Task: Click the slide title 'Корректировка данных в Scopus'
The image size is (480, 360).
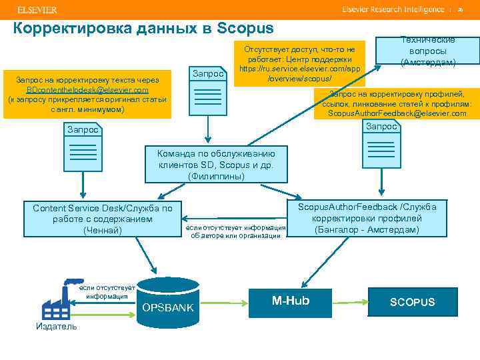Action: point(143,29)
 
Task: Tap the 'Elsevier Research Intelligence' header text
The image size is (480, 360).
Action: point(393,10)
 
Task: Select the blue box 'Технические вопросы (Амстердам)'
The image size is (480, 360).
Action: point(427,51)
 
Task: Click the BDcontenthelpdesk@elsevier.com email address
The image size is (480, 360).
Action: point(87,90)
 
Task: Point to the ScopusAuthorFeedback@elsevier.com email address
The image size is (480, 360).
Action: point(397,113)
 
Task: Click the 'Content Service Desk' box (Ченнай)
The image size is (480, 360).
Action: point(102,219)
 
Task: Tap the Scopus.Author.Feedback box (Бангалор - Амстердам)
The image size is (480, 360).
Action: point(367,218)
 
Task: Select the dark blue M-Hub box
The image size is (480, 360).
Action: point(291,301)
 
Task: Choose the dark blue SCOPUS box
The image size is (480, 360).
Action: point(412,302)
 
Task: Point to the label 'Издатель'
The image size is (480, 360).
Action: point(57,326)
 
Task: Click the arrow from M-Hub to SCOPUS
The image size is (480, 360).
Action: point(348,301)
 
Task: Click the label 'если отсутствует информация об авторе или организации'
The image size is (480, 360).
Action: point(237,231)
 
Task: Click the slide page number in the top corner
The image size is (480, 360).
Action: point(460,10)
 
